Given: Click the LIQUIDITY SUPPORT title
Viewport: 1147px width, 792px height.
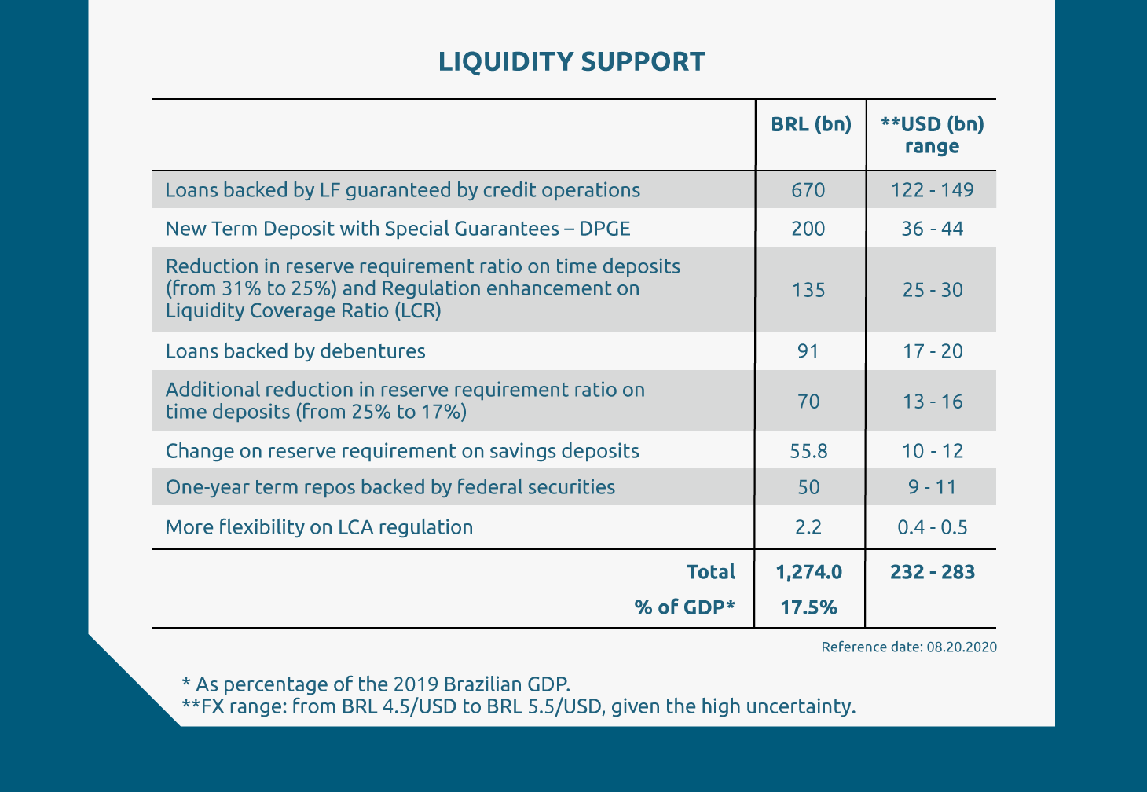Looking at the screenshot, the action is (572, 61).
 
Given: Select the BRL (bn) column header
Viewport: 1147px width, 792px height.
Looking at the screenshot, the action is (811, 124).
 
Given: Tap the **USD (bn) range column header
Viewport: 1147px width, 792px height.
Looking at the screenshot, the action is (933, 135).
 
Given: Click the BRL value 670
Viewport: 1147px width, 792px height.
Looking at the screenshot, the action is (808, 190).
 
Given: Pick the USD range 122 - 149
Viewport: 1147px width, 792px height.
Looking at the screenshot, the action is (933, 190).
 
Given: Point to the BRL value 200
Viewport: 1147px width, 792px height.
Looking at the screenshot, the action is (808, 229).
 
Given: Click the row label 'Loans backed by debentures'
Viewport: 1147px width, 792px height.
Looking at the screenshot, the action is (295, 351).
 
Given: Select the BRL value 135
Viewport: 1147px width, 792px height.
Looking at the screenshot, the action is (808, 290).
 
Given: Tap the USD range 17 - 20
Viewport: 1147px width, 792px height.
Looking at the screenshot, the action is (933, 351).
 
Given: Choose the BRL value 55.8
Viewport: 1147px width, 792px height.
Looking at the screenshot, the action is (808, 451).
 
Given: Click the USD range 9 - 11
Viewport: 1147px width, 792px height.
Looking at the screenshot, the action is (933, 487).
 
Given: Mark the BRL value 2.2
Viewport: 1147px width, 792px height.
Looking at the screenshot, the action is (808, 526).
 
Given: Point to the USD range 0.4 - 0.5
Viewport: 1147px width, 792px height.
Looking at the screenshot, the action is (933, 526).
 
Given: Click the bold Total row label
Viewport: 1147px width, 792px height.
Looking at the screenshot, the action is (711, 572).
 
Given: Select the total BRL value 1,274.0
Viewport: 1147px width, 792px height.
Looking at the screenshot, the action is (809, 572).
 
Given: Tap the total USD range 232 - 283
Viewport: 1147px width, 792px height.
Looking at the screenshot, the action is (933, 572).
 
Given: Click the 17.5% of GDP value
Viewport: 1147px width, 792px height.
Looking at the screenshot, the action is (808, 607).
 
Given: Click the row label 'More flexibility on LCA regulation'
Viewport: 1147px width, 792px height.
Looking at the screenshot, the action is (319, 527).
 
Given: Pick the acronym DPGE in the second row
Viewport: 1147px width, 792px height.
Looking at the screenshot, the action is (605, 229).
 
